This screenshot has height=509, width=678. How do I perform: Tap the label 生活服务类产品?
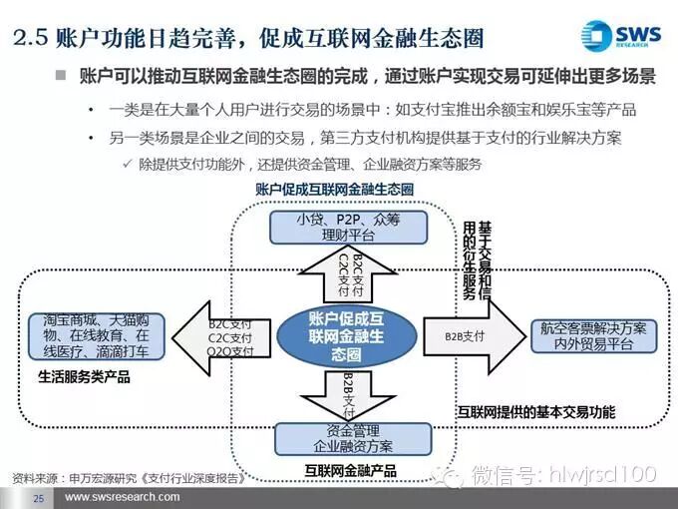click(x=85, y=378)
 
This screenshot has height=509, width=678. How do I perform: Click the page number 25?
click(x=39, y=497)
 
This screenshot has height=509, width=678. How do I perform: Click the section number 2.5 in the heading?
click(x=30, y=40)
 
